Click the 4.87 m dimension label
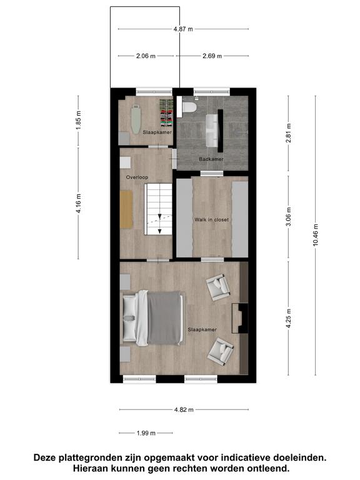pos(183,29)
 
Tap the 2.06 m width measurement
pos(146,56)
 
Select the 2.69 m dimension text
pos(212,56)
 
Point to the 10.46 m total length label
pos(316,235)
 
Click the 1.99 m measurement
pos(146,433)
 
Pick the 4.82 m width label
pos(184,409)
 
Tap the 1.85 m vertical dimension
pos(78,124)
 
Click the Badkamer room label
pos(211,159)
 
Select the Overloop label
pos(137,177)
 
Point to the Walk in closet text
pos(211,219)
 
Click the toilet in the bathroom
pos(189,107)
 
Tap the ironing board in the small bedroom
pos(136,120)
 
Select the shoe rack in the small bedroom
pos(167,112)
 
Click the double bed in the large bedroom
pos(152,318)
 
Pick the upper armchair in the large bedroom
pos(217,287)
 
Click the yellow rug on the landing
pos(126,209)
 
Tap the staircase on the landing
pos(158,209)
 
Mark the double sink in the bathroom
pos(211,131)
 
